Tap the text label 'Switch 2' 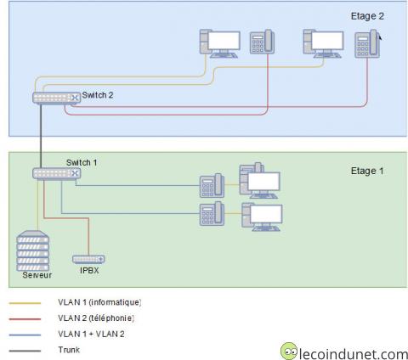[x=98, y=95]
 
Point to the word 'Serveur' [x=35, y=274]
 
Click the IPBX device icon [x=88, y=259]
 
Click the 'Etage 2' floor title [x=367, y=16]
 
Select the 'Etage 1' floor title [x=367, y=171]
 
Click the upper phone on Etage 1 [x=211, y=186]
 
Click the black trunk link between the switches [x=40, y=136]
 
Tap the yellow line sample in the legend [x=25, y=302]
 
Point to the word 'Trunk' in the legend [x=69, y=349]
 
